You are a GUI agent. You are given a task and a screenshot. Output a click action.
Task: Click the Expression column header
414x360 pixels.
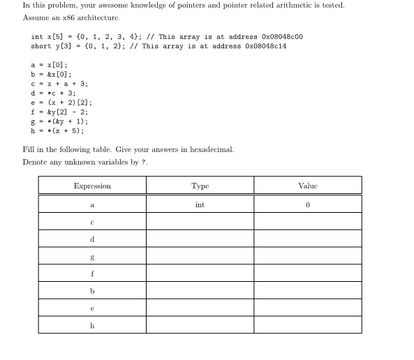[92, 186]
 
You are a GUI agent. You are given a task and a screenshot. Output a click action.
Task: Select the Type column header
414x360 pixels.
[200, 186]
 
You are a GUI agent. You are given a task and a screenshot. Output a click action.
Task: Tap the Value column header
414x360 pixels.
[307, 186]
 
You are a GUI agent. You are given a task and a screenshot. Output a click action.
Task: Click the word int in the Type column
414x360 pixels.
[200, 205]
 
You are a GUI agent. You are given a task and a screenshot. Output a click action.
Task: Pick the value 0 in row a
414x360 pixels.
[307, 205]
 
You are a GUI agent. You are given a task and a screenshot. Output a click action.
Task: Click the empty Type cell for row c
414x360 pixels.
[200, 223]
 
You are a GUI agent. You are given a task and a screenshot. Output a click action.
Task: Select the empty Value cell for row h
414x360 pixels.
[307, 325]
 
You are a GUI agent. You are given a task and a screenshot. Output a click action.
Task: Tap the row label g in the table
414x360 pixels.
[92, 257]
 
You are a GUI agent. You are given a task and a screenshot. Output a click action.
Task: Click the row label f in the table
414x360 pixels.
[92, 273]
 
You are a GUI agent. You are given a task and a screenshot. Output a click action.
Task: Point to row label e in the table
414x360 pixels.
[92, 308]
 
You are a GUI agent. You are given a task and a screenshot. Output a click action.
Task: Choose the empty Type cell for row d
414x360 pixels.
[200, 239]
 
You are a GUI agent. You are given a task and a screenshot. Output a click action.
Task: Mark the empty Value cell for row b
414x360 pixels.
[307, 291]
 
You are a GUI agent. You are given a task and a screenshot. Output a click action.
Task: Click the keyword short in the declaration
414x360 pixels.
[40, 46]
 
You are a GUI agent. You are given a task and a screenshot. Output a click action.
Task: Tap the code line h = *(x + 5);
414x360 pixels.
[57, 130]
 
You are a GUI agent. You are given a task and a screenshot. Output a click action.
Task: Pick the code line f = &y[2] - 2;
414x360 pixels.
[59, 112]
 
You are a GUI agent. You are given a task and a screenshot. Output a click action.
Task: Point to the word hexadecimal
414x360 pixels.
[212, 150]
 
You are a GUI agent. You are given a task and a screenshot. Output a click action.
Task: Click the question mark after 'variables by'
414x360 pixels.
[145, 162]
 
